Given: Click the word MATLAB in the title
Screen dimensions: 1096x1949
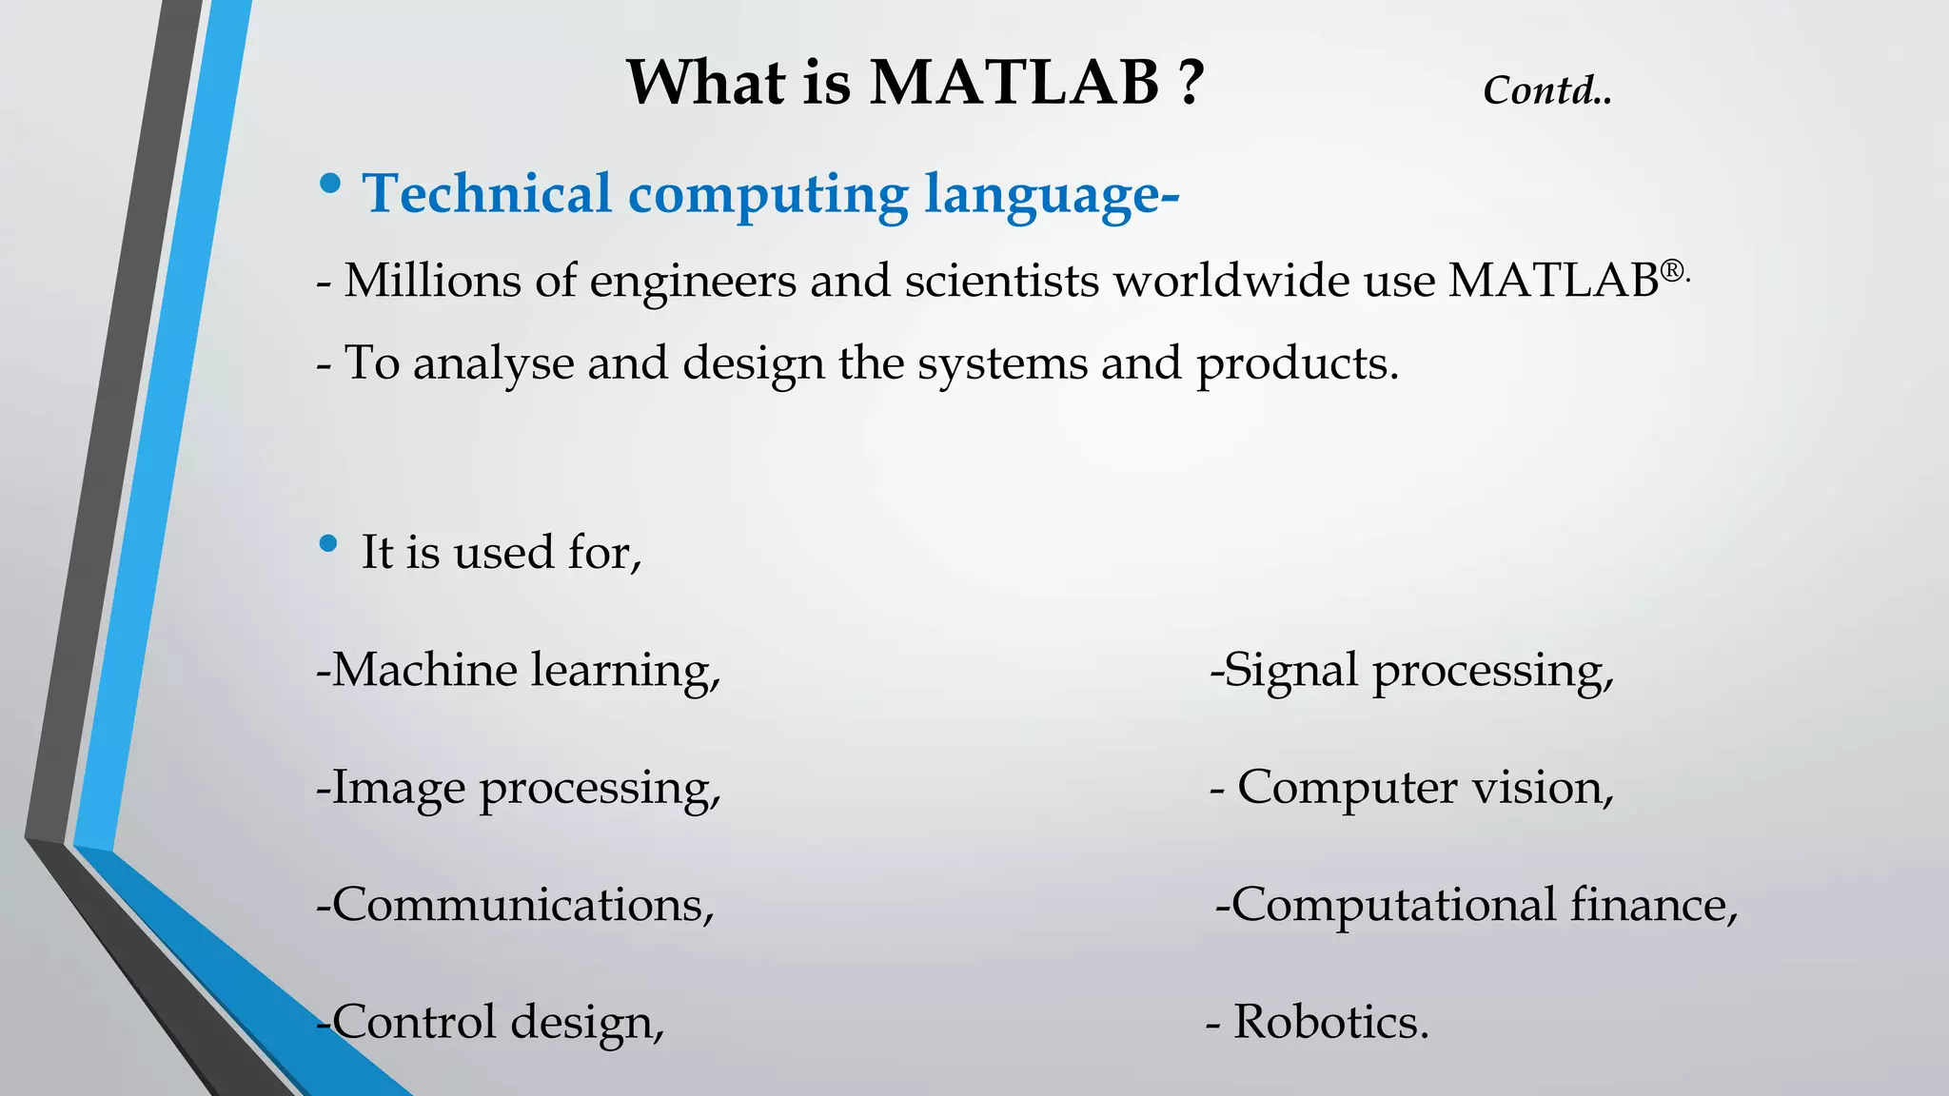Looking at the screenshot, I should [x=1014, y=83].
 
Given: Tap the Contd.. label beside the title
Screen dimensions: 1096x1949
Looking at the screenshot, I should [x=1546, y=91].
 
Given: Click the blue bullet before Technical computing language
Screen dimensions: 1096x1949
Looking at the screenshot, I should [x=329, y=185].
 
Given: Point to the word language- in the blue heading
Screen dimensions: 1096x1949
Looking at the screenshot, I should [x=1052, y=195].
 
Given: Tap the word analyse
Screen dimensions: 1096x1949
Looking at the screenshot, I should [x=493, y=364].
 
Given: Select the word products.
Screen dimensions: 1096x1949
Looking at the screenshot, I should [x=1297, y=364].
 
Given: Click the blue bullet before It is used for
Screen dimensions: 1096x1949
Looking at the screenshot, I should [x=329, y=544].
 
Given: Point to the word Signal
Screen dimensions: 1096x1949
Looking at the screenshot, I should [x=1289, y=672].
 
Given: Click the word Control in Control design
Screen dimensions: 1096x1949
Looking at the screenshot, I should [x=414, y=1022].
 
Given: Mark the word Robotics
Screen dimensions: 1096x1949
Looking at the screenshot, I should [x=1330, y=1022].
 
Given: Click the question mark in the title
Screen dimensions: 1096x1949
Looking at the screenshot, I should [x=1190, y=83].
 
